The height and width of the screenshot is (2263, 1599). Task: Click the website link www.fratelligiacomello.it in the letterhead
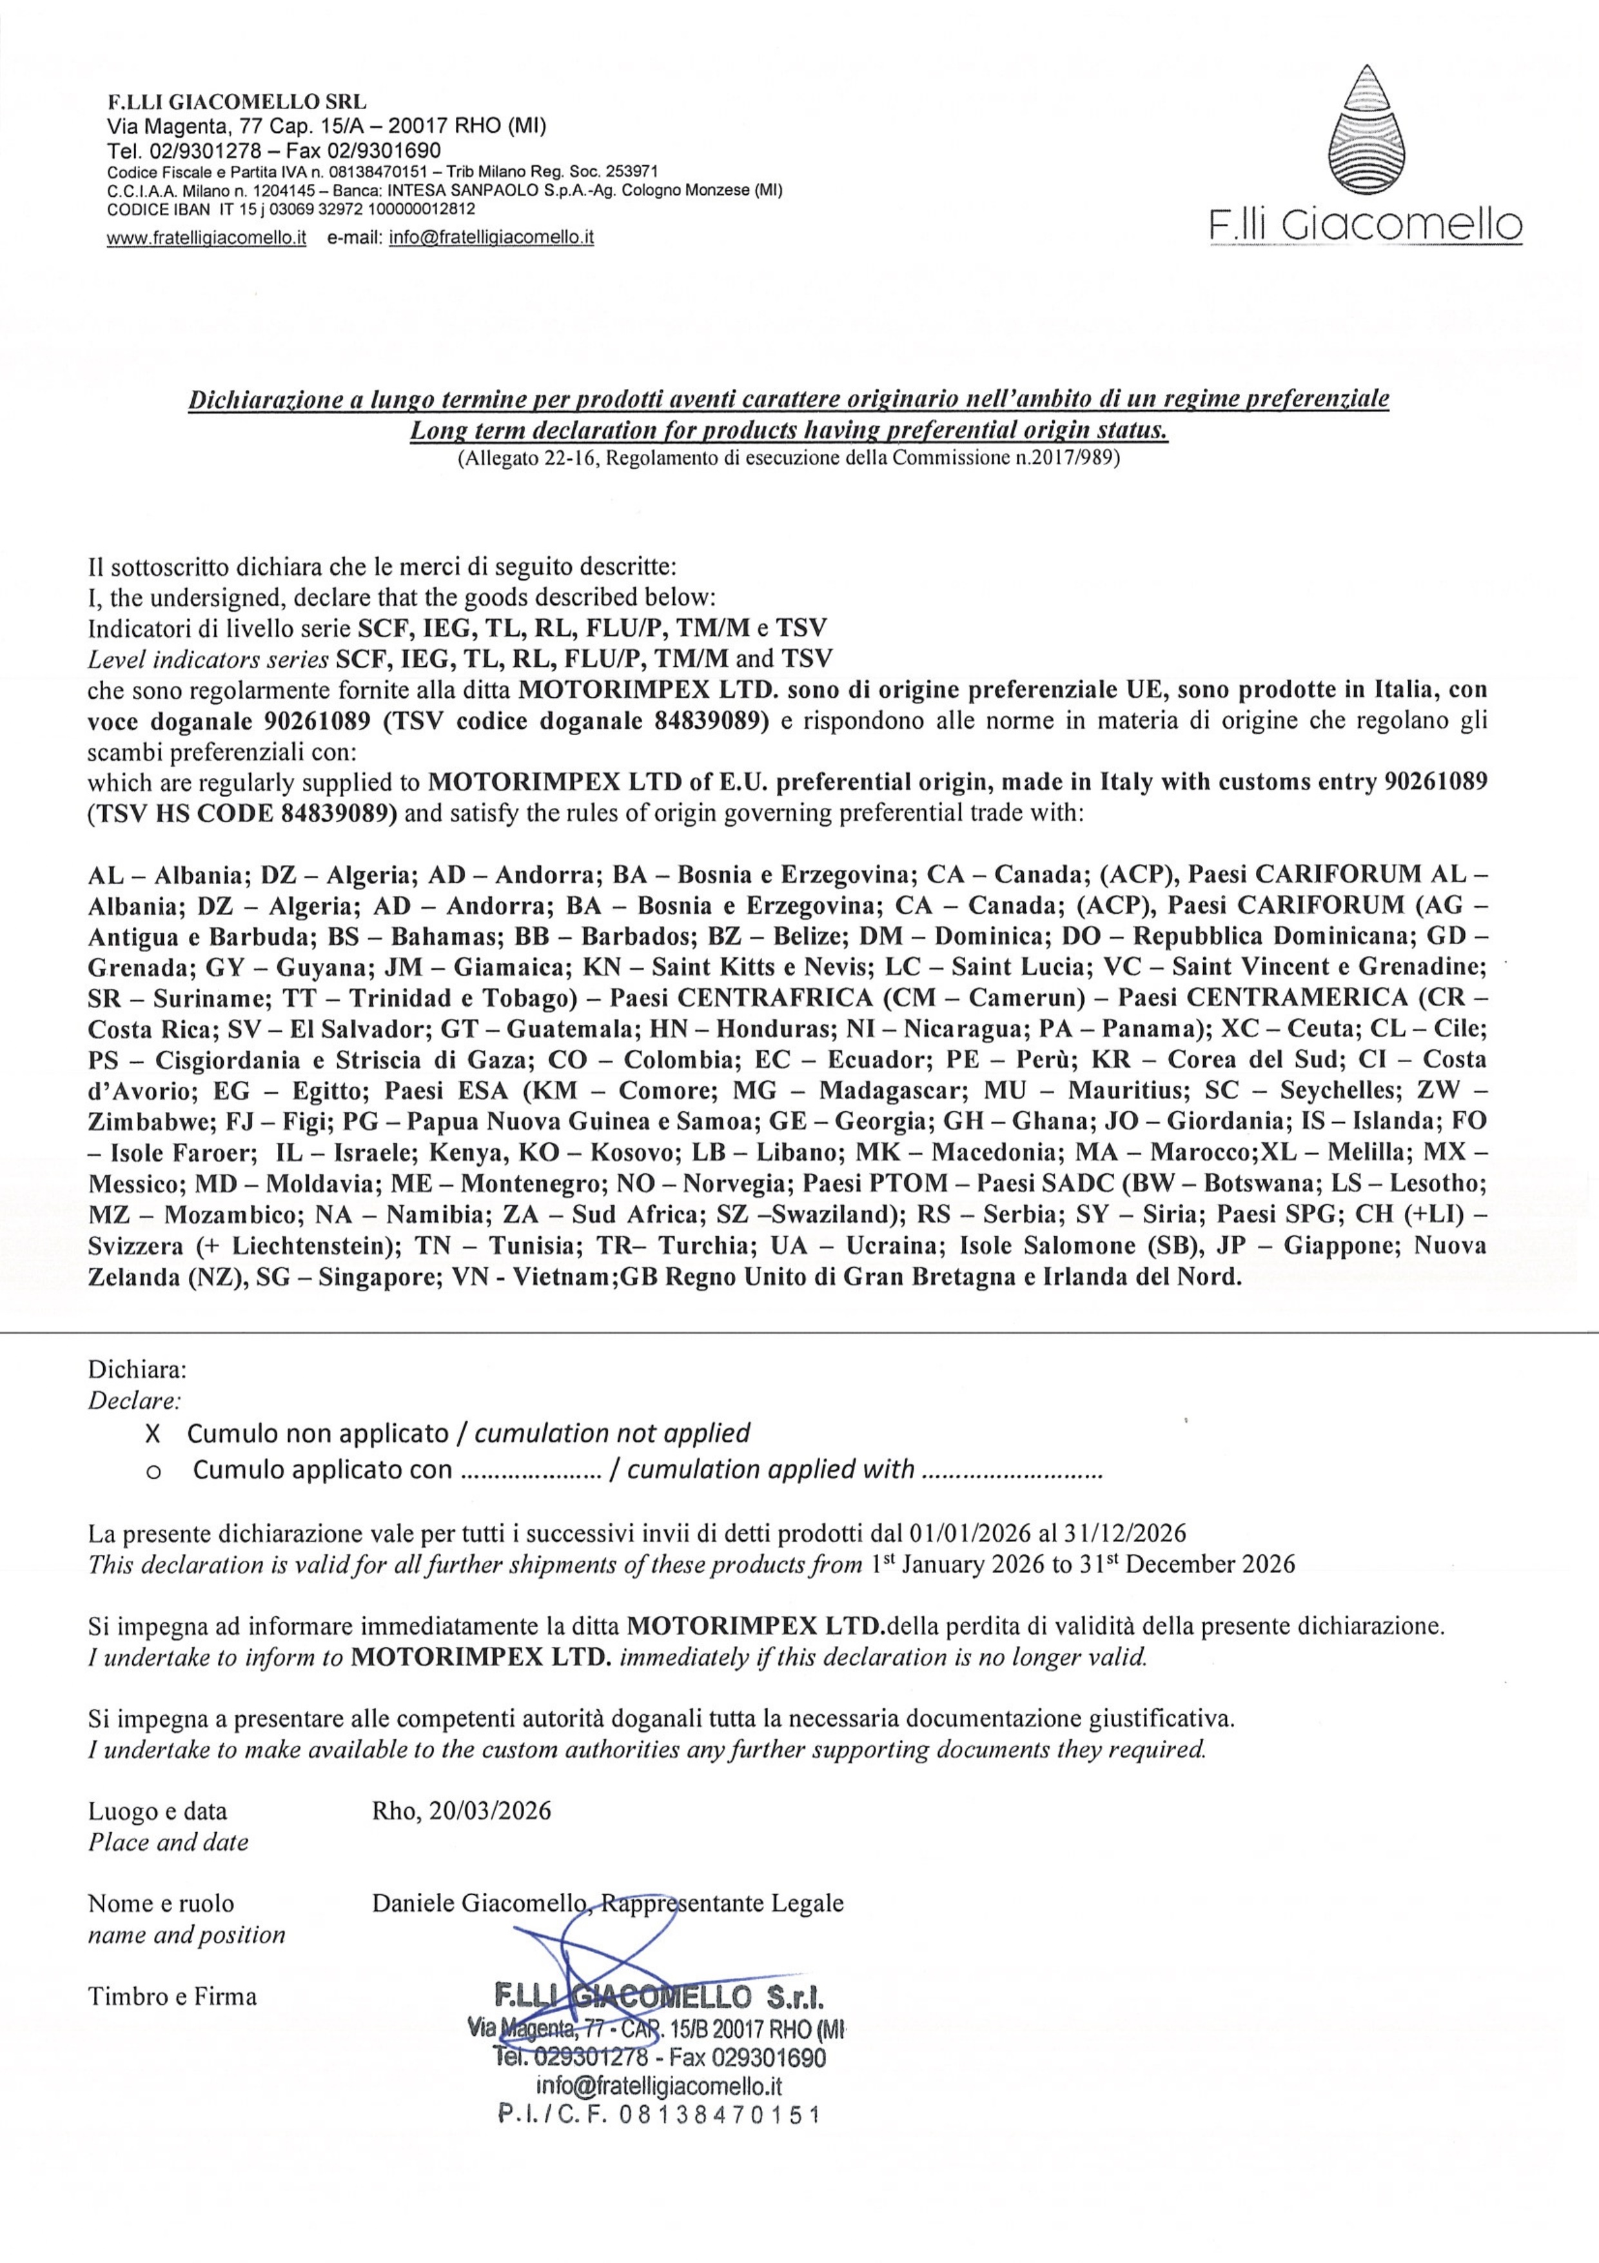(x=207, y=237)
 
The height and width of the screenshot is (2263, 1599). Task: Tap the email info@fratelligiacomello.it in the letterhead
(x=491, y=237)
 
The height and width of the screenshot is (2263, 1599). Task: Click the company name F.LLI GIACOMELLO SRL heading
(x=237, y=101)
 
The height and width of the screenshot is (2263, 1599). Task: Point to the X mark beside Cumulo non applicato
(x=153, y=1433)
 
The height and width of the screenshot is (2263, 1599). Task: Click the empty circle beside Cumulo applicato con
(x=153, y=1470)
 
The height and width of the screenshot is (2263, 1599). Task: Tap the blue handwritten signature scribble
(x=582, y=1961)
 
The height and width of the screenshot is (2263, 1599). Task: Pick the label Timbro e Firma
(x=172, y=1996)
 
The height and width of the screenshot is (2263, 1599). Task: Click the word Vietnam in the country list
(x=552, y=1278)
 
